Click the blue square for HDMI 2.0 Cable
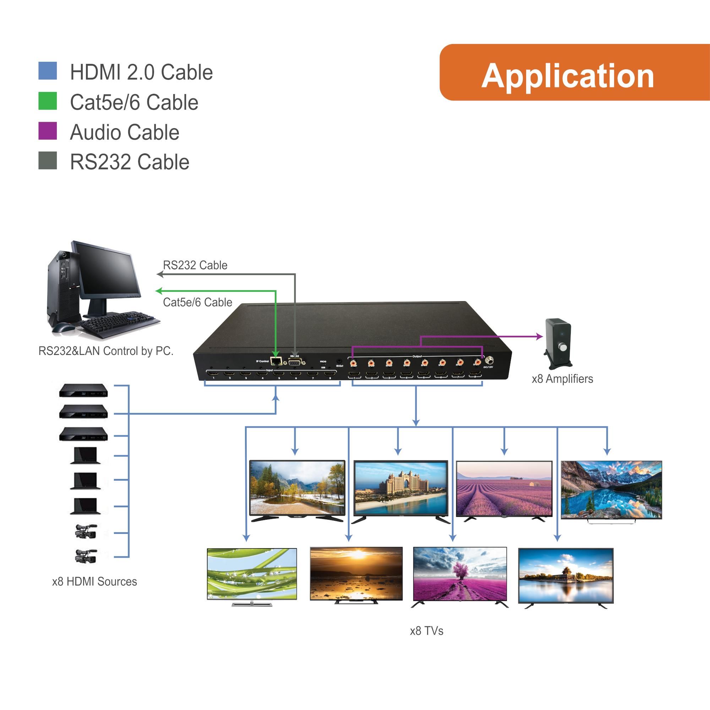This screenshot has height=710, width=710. tap(48, 71)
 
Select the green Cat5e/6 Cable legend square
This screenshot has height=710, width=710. tap(48, 101)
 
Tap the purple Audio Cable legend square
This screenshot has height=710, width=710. tap(48, 131)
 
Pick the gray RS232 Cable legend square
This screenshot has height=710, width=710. tap(48, 160)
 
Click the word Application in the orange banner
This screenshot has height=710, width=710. tap(567, 76)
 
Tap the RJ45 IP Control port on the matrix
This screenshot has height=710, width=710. tap(275, 361)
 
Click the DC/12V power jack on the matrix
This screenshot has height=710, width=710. tap(489, 361)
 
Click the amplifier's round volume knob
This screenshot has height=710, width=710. tap(563, 347)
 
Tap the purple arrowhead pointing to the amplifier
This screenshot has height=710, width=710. tap(540, 336)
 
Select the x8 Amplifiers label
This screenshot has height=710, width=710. tap(562, 379)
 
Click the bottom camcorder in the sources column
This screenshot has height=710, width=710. tap(86, 556)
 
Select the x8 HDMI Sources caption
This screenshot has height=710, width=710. tap(94, 582)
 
